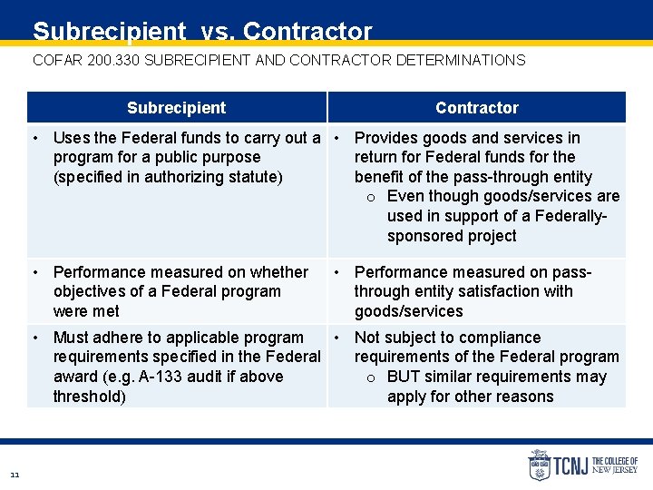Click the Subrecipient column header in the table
176,108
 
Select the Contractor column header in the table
476,108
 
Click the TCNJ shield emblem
539,465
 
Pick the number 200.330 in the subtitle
114,61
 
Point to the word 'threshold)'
89,397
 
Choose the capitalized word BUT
404,377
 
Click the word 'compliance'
498,338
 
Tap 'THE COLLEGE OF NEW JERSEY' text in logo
614,465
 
